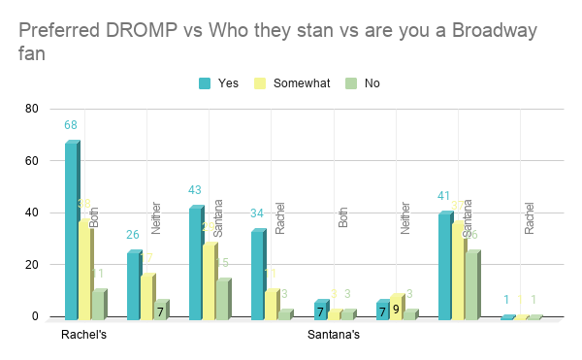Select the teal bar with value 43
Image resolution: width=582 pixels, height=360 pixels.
pyautogui.click(x=196, y=263)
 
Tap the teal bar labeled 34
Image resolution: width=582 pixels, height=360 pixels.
pyautogui.click(x=258, y=275)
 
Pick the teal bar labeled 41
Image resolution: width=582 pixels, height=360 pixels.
pyautogui.click(x=445, y=266)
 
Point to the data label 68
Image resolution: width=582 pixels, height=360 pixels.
pyautogui.click(x=71, y=125)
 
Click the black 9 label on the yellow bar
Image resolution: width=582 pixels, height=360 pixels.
pyautogui.click(x=396, y=311)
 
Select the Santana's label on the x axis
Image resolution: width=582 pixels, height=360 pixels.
pyautogui.click(x=334, y=336)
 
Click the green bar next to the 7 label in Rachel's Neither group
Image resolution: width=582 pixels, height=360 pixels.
pyautogui.click(x=162, y=310)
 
